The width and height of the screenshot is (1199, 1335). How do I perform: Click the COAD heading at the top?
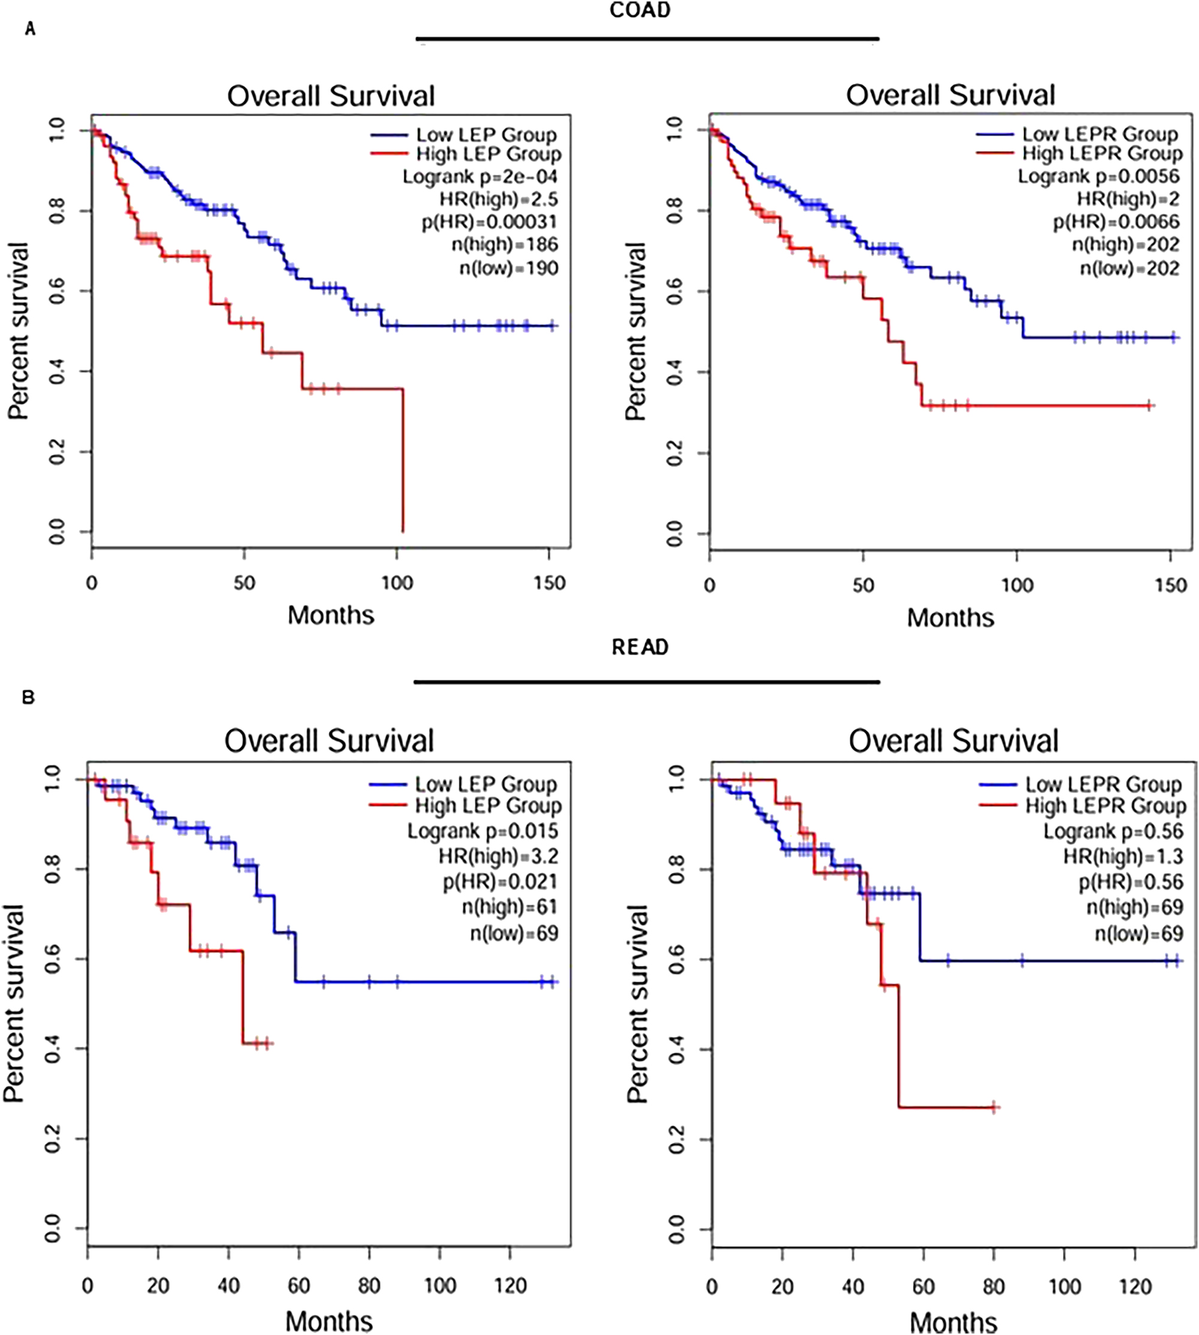(640, 11)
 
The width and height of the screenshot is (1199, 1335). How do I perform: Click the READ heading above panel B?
(640, 647)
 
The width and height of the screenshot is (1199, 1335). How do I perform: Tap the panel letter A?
(29, 29)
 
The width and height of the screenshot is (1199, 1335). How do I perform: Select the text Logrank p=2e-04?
(480, 177)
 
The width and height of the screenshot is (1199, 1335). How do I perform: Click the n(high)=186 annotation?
(505, 245)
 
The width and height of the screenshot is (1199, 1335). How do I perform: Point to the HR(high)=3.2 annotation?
(499, 856)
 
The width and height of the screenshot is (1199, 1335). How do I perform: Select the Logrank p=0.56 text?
(1113, 831)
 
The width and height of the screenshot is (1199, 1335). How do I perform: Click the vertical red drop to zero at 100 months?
(403, 461)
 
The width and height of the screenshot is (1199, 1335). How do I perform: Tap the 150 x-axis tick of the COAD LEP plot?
(549, 583)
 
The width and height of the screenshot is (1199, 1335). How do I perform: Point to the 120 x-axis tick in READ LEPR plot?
(1135, 1286)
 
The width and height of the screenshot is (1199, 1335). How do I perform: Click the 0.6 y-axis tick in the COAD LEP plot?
(58, 291)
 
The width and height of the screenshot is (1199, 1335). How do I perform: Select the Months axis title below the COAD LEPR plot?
(950, 617)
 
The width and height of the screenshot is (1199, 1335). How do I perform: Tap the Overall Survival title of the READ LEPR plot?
(953, 740)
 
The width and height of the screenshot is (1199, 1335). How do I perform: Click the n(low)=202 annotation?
(1129, 269)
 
